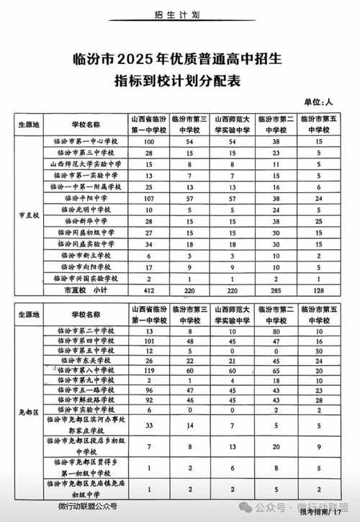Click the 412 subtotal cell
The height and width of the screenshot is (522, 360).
point(150,289)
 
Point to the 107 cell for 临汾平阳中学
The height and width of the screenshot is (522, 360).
point(150,197)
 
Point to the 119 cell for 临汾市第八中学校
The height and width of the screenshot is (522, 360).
point(150,369)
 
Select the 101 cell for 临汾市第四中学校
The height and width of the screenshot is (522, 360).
point(150,343)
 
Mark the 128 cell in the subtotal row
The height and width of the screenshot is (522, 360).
point(315,289)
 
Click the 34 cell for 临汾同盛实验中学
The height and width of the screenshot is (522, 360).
point(150,243)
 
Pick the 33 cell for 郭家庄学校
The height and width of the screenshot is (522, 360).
point(150,426)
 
